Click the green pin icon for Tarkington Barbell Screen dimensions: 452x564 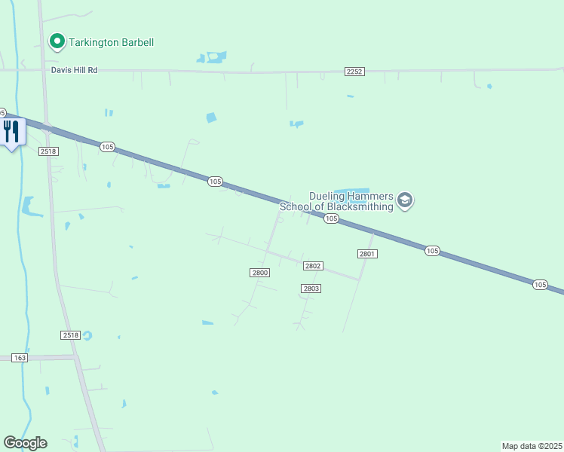[57, 42]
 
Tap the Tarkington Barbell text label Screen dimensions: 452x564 [112, 42]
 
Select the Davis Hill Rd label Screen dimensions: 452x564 [75, 70]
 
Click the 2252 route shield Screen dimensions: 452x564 [354, 71]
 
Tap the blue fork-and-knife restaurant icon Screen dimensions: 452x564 [11, 131]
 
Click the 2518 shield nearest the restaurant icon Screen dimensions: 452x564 [50, 151]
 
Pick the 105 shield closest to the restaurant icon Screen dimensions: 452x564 [107, 147]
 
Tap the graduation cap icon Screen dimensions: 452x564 [405, 201]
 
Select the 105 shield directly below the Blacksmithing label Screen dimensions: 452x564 [331, 218]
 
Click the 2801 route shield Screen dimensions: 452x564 [367, 254]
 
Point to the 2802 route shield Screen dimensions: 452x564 [313, 266]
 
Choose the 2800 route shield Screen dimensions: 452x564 [259, 272]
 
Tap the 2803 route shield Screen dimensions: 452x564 [311, 289]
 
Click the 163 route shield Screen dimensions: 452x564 [20, 358]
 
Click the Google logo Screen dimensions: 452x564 [25, 443]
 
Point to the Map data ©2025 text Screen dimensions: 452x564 [532, 446]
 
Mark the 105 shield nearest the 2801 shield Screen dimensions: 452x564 [431, 250]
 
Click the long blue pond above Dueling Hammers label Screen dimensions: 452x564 [351, 190]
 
